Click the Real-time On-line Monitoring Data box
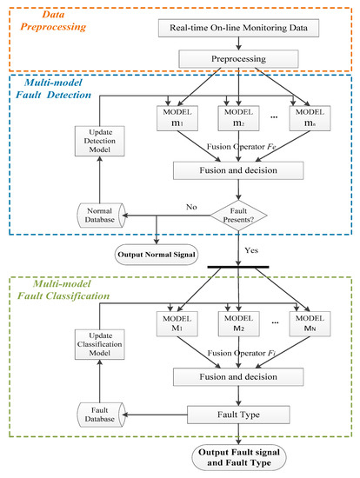[238, 28]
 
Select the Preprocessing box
[238, 59]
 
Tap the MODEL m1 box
[177, 118]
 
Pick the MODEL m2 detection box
[238, 118]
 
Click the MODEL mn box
[310, 118]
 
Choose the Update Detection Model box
[100, 141]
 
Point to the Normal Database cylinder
[101, 216]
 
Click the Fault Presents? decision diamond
[238, 216]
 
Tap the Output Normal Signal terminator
[157, 255]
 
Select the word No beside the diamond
[191, 207]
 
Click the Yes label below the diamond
[251, 250]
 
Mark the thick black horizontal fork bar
[238, 267]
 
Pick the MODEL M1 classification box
[177, 324]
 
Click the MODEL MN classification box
[310, 324]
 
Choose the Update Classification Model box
[100, 344]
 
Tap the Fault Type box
[238, 415]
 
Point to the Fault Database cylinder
[101, 415]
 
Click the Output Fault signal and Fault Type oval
[239, 457]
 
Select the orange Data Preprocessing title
[53, 21]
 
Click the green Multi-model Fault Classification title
[63, 290]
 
